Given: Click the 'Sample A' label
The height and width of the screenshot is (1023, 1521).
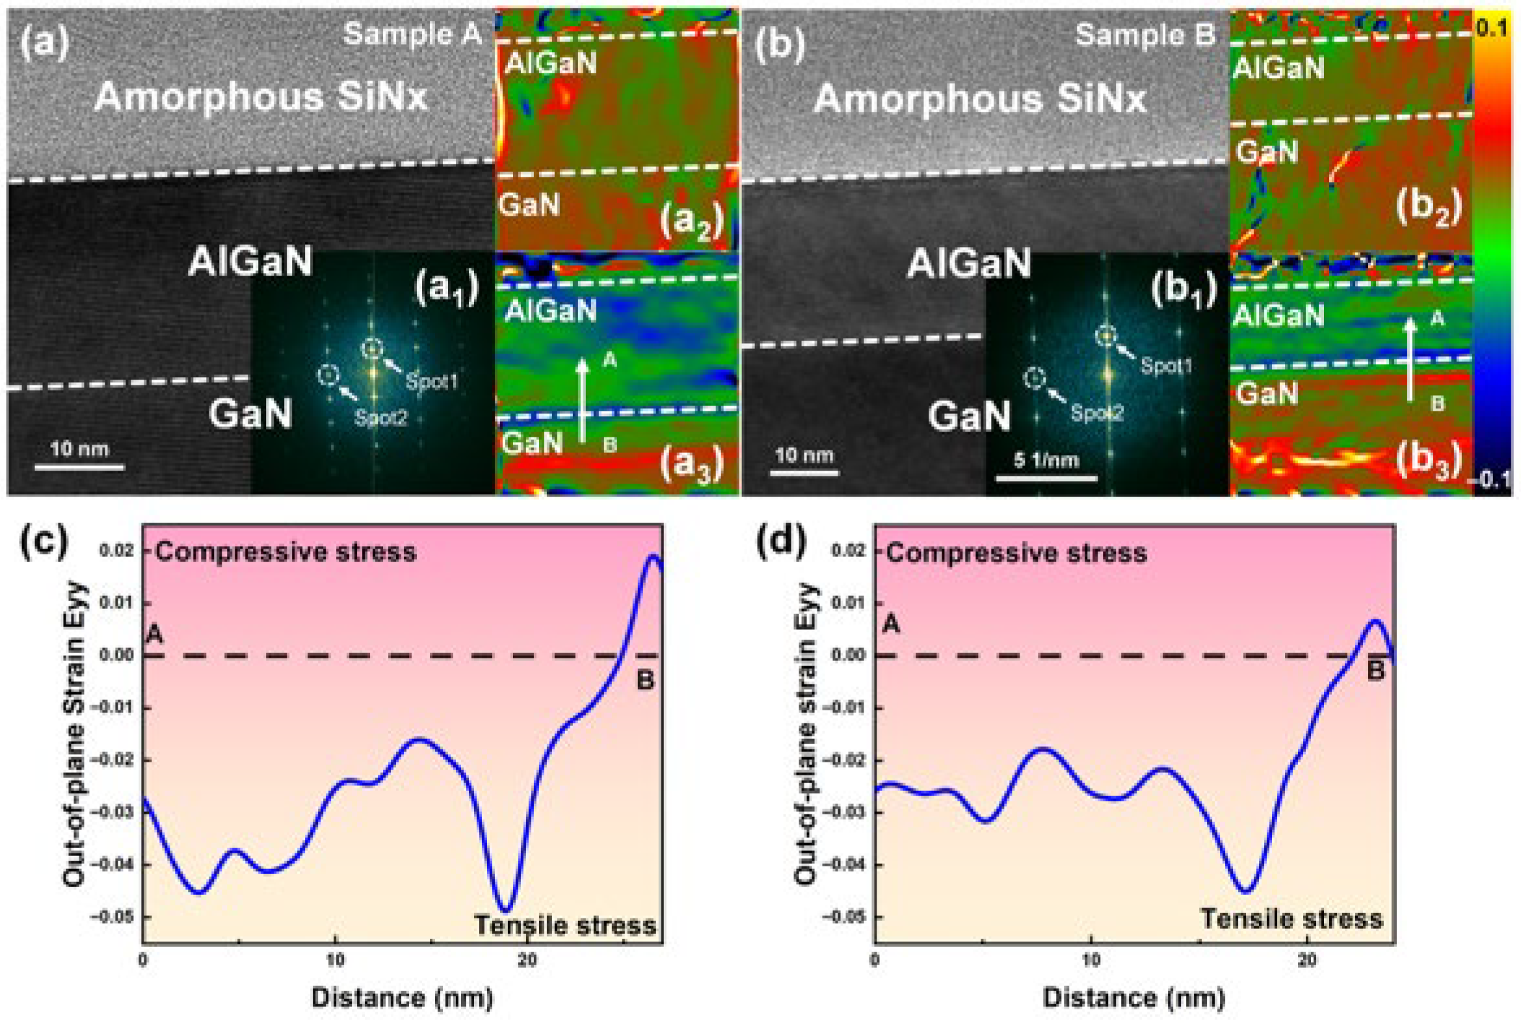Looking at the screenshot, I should point(412,33).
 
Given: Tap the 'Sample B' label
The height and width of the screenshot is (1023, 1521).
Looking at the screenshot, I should point(1145,34).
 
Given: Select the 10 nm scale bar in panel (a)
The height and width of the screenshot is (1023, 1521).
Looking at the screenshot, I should point(79,467).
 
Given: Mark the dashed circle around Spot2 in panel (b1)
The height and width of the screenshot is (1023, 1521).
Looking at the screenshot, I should point(1035,378).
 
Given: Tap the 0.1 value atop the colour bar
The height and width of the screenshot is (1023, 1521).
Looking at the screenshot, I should point(1492,29).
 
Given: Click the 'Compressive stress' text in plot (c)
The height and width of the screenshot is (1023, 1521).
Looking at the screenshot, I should point(286,552).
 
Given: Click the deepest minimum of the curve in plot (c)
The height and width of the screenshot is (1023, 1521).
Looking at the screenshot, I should point(506,910).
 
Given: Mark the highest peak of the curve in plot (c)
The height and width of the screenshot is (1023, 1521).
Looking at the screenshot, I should point(654,556).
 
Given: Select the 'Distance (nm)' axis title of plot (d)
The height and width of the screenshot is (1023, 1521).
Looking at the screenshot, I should point(1134,998).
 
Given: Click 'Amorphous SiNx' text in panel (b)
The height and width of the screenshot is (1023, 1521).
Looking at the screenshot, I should point(979,99).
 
